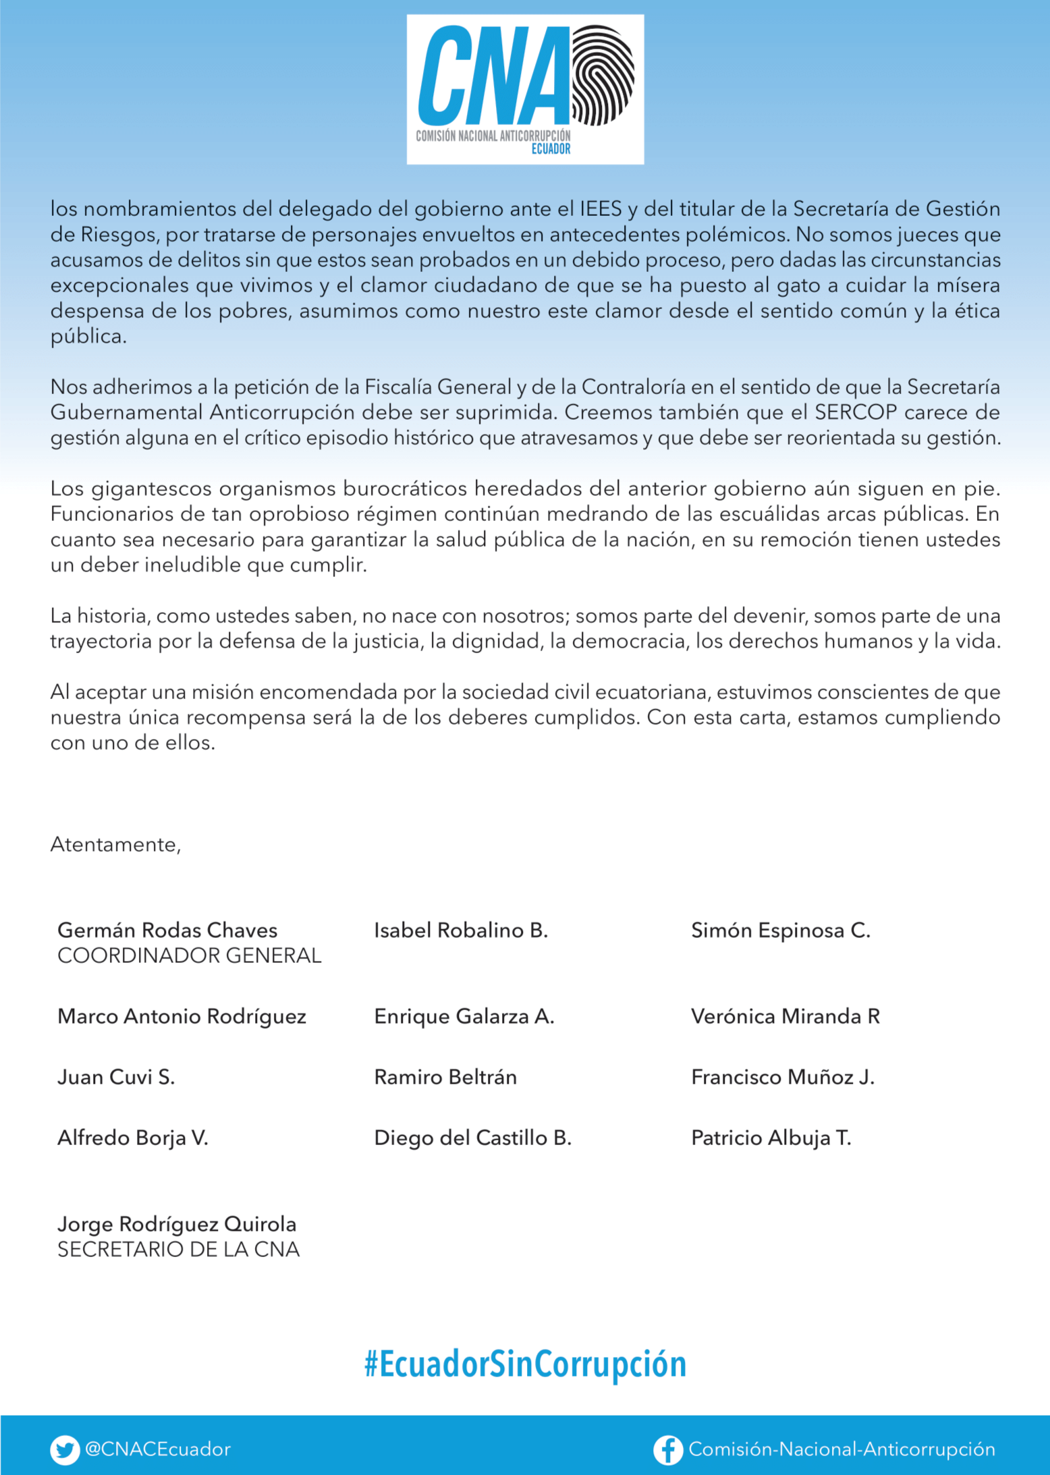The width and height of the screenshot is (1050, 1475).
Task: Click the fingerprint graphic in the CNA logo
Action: click(x=603, y=76)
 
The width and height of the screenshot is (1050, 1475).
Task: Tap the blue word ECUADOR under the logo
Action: click(x=551, y=149)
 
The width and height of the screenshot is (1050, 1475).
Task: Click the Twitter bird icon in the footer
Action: click(x=65, y=1449)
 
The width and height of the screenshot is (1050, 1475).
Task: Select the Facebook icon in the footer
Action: click(x=667, y=1449)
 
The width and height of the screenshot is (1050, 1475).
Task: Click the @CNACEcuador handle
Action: click(x=157, y=1449)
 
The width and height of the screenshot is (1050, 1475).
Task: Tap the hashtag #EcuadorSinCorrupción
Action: click(x=525, y=1364)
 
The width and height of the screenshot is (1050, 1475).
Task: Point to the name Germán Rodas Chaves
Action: click(x=167, y=930)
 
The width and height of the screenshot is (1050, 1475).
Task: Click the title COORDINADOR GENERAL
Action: click(x=189, y=955)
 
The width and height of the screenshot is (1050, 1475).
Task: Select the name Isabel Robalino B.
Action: click(x=461, y=930)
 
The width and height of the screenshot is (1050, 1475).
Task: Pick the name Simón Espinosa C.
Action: click(x=781, y=930)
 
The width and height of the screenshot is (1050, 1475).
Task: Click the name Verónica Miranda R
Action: click(x=785, y=1016)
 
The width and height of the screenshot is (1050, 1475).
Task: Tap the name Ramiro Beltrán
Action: click(x=445, y=1077)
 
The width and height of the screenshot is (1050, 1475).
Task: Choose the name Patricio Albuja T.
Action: click(x=771, y=1138)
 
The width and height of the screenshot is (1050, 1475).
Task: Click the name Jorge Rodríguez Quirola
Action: click(x=177, y=1224)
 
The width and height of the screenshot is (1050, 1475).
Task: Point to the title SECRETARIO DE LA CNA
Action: click(x=178, y=1250)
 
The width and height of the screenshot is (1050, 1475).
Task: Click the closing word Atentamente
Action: click(x=115, y=845)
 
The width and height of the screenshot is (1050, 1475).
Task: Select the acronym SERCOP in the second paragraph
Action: click(x=856, y=412)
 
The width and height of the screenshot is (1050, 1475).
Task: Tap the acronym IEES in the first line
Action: click(x=601, y=209)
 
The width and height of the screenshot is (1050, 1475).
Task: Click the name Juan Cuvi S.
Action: click(x=116, y=1077)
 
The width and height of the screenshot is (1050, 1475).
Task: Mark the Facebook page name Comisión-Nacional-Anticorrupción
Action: click(x=841, y=1449)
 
